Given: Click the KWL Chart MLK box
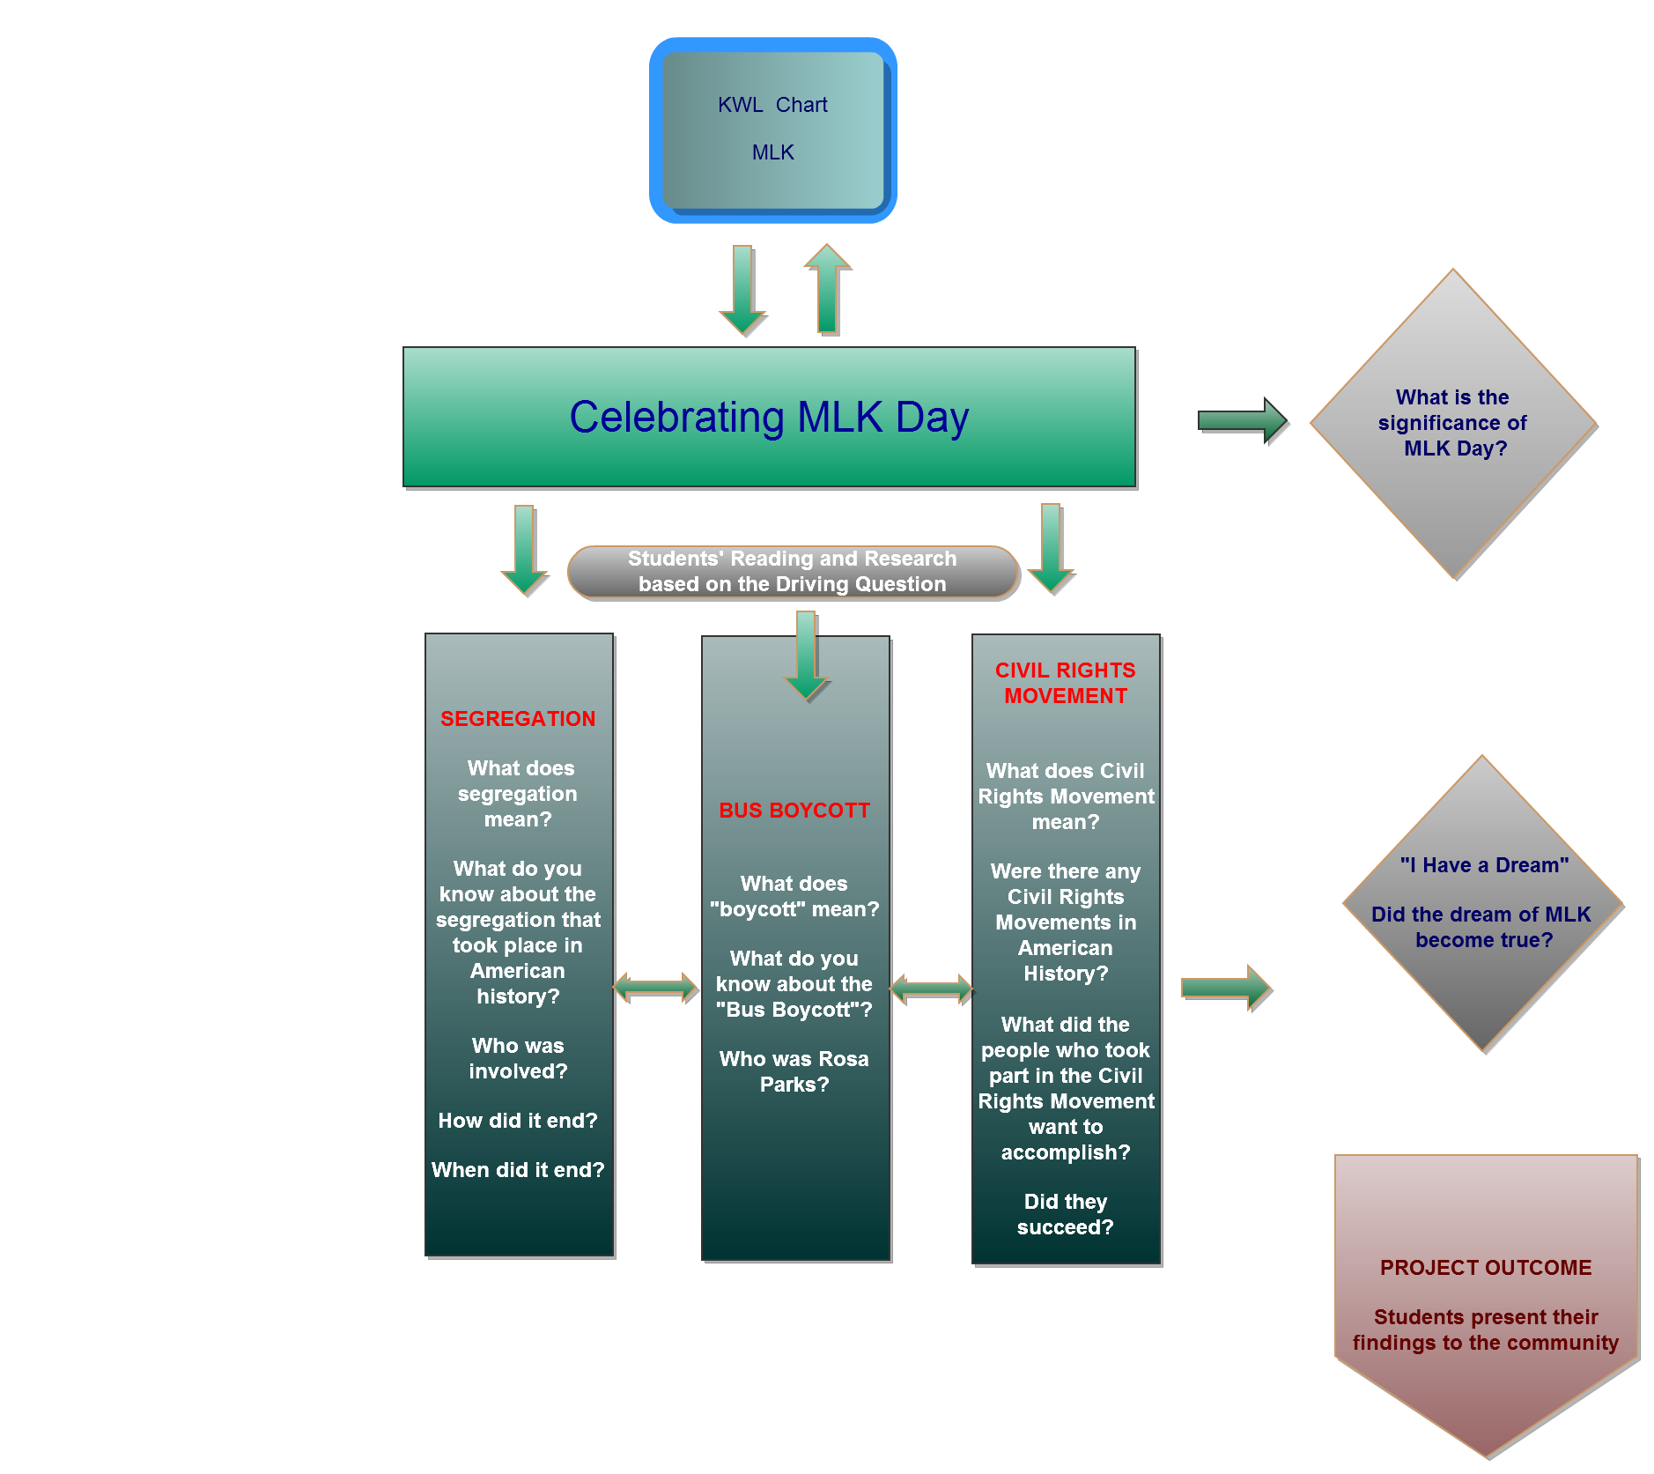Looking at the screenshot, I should pyautogui.click(x=772, y=130).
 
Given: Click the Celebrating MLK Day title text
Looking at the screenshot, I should pyautogui.click(x=769, y=417).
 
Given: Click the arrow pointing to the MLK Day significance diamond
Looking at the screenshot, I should pyautogui.click(x=1243, y=421).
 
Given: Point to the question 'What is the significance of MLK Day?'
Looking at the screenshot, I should pyautogui.click(x=1453, y=423).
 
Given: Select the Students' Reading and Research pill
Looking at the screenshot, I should pyautogui.click(x=793, y=572).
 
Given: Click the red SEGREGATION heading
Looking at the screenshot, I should pyautogui.click(x=518, y=719).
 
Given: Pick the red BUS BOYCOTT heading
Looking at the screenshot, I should pyautogui.click(x=794, y=811).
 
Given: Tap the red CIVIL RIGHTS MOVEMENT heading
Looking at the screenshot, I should pyautogui.click(x=1066, y=683).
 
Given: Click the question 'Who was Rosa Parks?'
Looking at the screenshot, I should pyautogui.click(x=794, y=1071).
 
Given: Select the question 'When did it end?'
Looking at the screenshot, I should pyautogui.click(x=518, y=1170).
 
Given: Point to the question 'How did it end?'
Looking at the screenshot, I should pyautogui.click(x=518, y=1121).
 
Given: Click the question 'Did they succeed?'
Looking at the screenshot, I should pyautogui.click(x=1066, y=1214).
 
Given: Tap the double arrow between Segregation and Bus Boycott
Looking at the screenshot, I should pyautogui.click(x=656, y=987).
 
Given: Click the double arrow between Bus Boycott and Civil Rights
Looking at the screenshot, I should pyautogui.click(x=931, y=989).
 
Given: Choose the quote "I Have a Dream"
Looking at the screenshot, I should pyautogui.click(x=1485, y=865).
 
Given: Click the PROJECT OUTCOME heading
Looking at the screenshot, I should pyautogui.click(x=1486, y=1268).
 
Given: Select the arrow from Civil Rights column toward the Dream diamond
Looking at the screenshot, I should pyautogui.click(x=1225, y=988).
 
